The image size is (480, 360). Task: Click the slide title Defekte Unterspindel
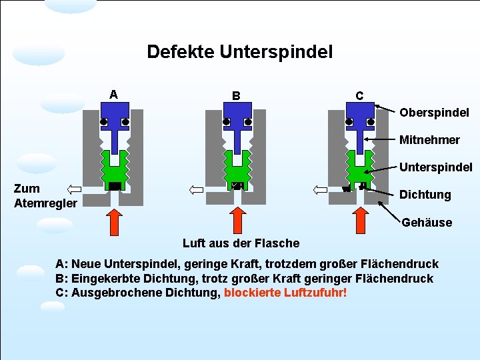point(239,51)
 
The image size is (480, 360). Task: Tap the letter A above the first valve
point(114,94)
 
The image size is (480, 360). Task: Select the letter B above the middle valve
point(236,95)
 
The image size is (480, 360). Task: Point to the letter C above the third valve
point(359,95)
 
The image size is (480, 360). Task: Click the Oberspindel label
point(434,112)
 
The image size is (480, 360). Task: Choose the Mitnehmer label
point(429,140)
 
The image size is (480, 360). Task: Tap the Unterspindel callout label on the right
point(436,167)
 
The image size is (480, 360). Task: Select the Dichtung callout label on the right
point(425,195)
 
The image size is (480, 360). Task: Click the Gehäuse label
point(427,222)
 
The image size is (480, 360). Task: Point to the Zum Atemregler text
point(45,195)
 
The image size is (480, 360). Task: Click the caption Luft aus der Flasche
point(241,243)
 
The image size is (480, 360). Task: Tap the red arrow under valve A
point(115,224)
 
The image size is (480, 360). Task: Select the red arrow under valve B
point(237,224)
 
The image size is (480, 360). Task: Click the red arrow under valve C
point(360,224)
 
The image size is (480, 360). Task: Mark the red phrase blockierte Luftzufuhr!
point(285,293)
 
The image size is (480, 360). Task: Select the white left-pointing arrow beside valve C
point(320,189)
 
